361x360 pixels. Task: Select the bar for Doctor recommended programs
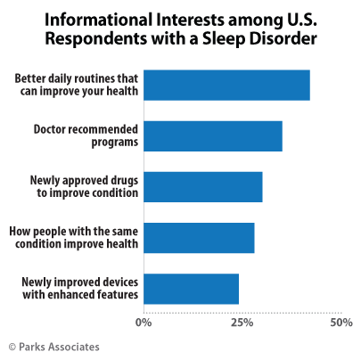212,135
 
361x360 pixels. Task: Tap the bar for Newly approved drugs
202,186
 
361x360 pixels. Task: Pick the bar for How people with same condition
199,238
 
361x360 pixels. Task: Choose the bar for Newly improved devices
191,289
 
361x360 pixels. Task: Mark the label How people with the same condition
73,238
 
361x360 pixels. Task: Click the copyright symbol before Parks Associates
12,347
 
